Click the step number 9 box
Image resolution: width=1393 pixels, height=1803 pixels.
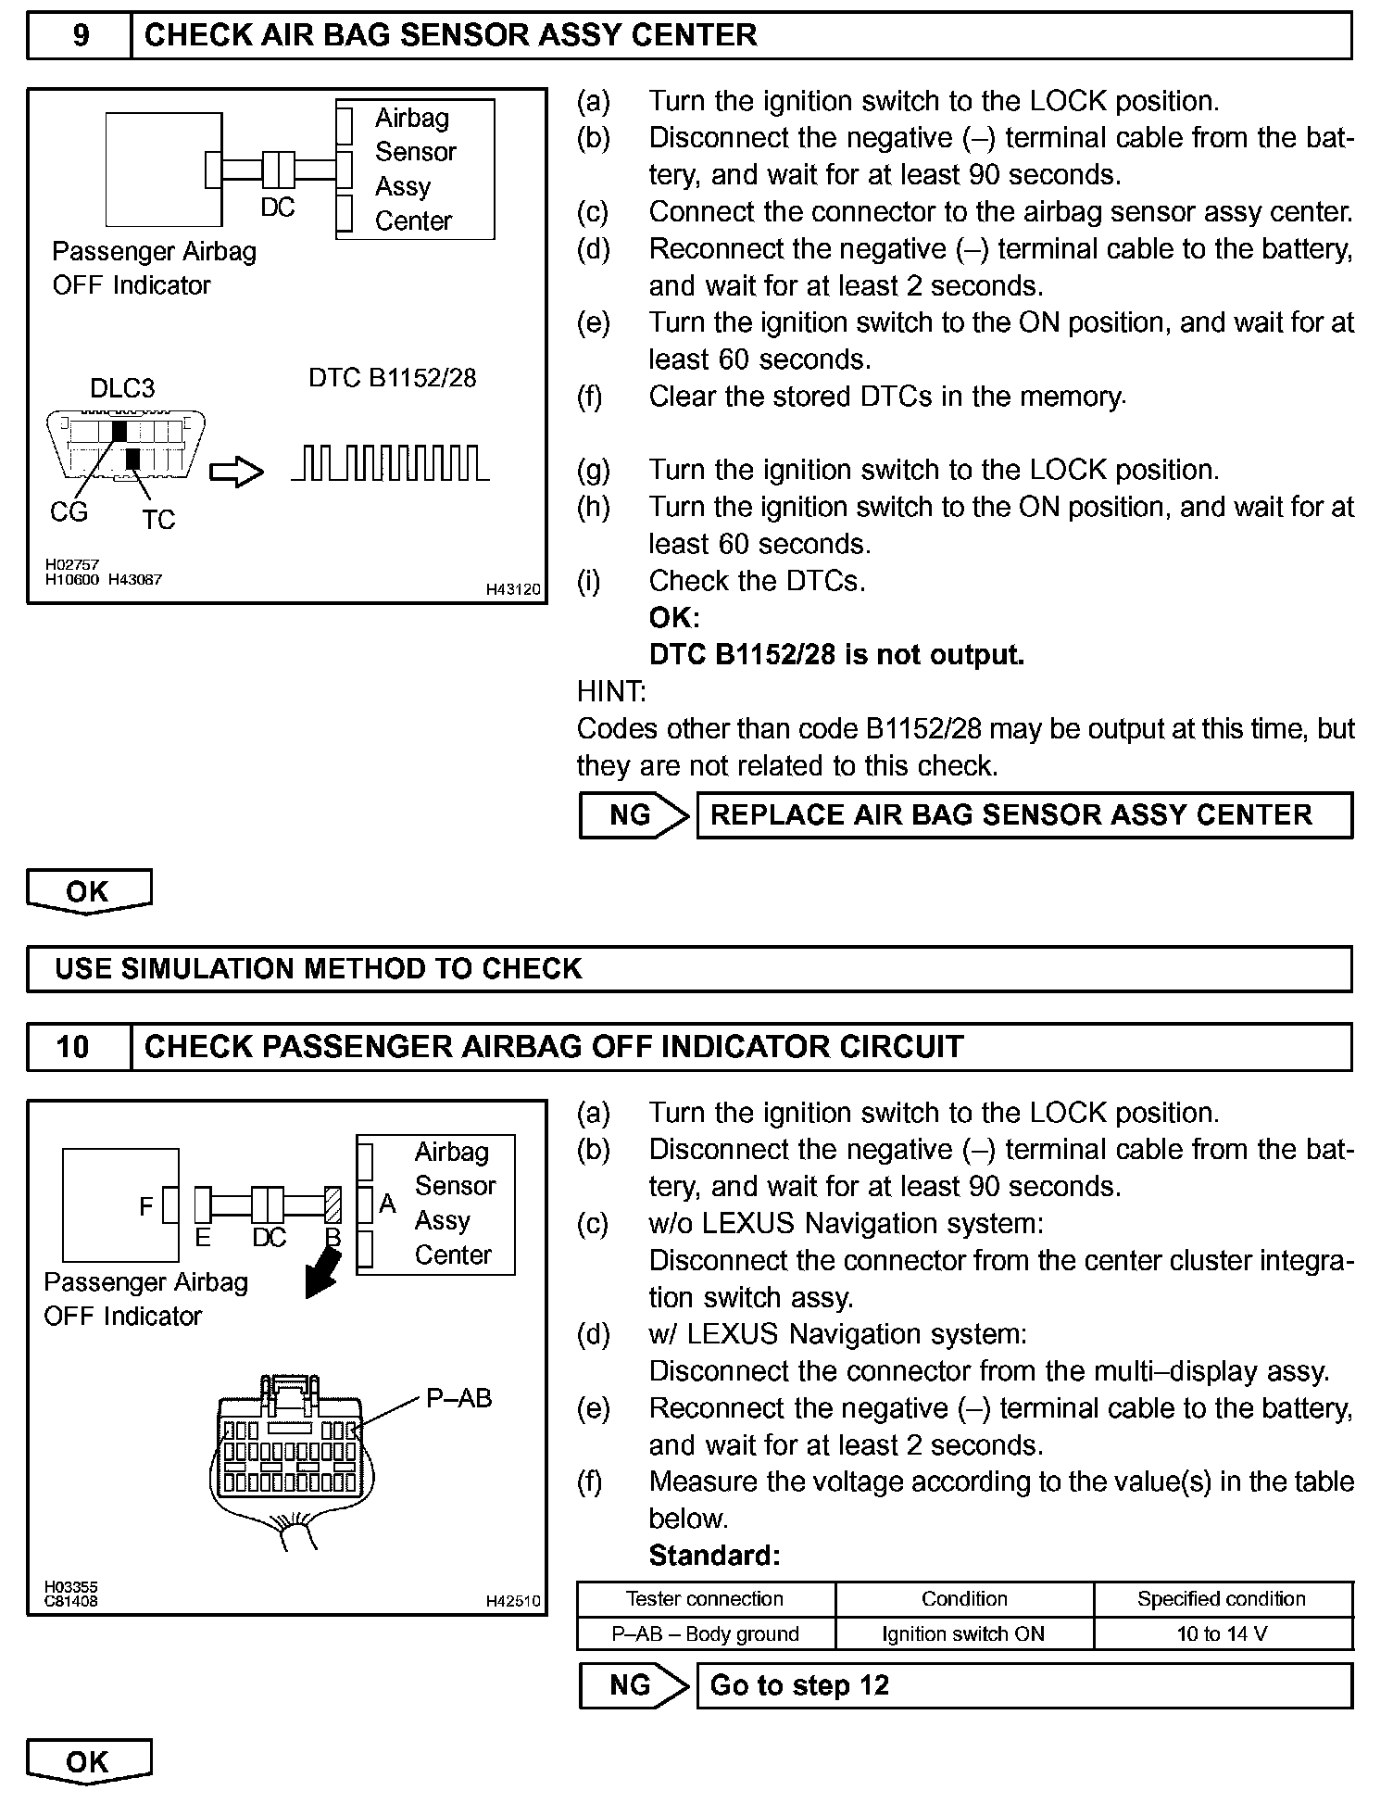80,36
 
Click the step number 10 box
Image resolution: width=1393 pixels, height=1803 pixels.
74,1048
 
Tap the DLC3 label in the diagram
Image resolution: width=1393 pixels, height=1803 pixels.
122,388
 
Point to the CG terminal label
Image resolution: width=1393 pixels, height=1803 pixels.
69,512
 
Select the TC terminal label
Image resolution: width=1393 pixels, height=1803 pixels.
158,520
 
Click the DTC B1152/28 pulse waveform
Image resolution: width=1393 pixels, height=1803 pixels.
391,463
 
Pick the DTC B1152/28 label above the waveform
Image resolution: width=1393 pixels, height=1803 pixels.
392,378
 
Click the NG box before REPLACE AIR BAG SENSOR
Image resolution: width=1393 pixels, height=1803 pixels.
633,815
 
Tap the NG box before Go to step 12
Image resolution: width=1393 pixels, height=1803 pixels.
633,1685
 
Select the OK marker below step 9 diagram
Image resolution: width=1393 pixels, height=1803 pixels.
88,891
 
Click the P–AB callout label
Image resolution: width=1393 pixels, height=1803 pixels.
458,1398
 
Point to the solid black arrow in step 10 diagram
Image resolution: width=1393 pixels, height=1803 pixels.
322,1274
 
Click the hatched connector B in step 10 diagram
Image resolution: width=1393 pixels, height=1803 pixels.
334,1205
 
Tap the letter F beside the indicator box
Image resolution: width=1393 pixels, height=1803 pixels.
146,1206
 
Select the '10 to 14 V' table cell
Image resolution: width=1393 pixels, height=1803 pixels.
1223,1633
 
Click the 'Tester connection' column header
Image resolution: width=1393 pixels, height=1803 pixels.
705,1598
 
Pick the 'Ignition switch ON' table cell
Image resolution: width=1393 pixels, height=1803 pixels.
963,1633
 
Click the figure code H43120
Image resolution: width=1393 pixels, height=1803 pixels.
514,589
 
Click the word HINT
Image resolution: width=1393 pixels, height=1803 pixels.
611,692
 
